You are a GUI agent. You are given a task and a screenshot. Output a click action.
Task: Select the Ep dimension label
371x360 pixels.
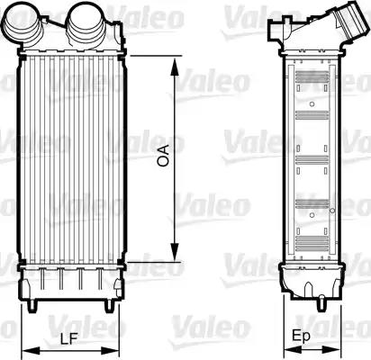[x=304, y=337]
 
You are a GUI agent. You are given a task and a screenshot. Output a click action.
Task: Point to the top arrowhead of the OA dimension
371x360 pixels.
[x=174, y=59]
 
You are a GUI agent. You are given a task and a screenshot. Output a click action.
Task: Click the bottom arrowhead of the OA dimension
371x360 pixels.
[x=174, y=257]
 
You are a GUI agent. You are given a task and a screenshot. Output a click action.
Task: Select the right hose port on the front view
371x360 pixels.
[x=85, y=17]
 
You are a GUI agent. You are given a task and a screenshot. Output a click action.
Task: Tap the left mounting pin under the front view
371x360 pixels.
[x=34, y=304]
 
